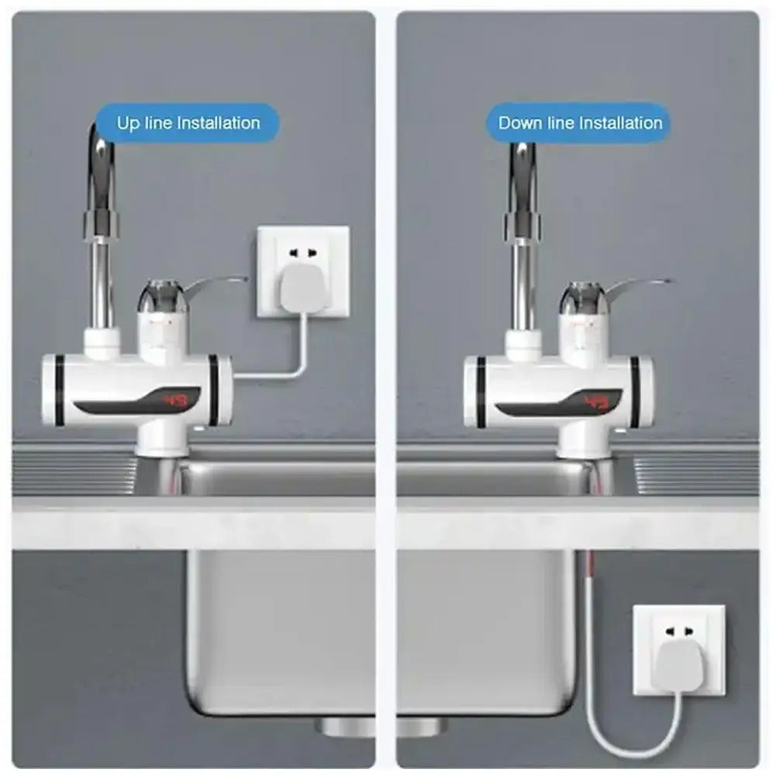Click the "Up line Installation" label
click(x=188, y=122)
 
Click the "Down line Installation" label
click(x=580, y=122)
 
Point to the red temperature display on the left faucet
click(x=176, y=401)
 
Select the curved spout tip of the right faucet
click(x=524, y=155)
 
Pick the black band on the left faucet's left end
click(x=60, y=391)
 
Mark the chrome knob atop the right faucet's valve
click(x=580, y=298)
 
